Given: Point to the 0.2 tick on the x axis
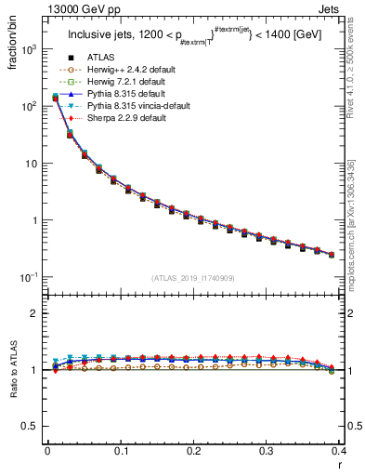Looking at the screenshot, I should tap(193, 454).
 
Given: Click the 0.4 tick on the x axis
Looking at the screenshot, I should tap(339, 454).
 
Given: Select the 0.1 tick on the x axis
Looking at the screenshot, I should tap(121, 454).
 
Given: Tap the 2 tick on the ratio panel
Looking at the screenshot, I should tap(38, 314).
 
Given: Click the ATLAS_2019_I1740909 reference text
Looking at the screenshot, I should tap(191, 278).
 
